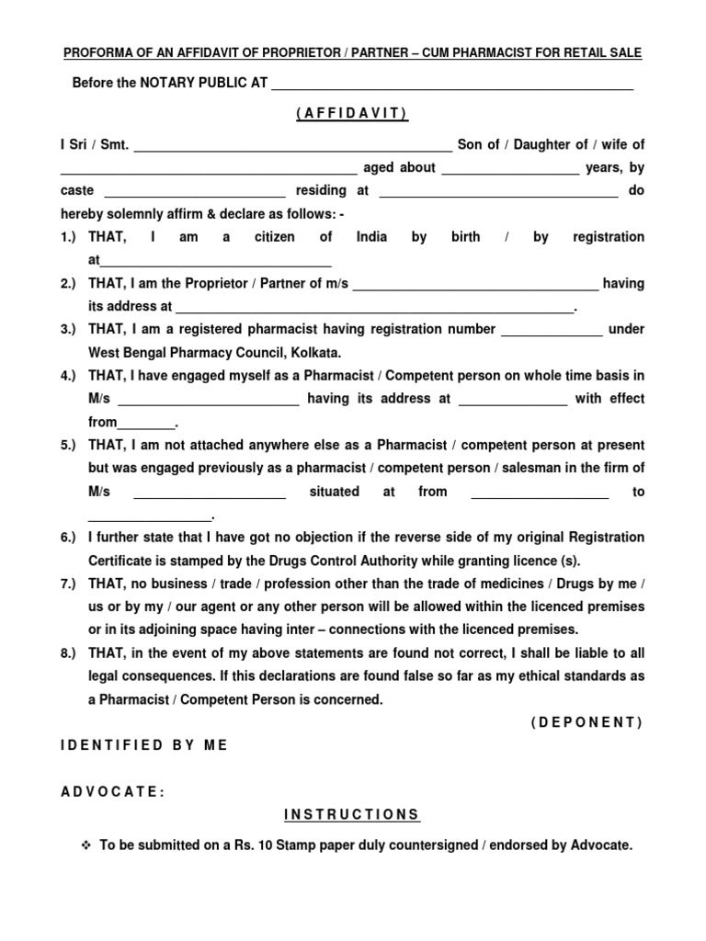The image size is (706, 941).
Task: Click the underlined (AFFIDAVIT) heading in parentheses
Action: [352, 113]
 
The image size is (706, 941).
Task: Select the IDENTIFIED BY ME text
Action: [143, 745]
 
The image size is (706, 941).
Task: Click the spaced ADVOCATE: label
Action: [113, 792]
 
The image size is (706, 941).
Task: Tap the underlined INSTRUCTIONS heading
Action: [352, 815]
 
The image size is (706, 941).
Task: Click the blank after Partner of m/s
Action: [475, 286]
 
